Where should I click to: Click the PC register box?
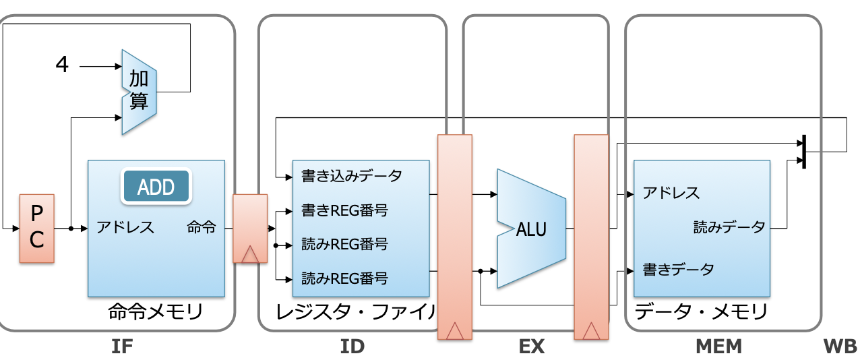(37, 229)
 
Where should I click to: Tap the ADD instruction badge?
(156, 186)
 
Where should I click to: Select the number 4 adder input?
(62, 64)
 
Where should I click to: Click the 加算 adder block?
(139, 92)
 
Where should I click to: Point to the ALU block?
(532, 229)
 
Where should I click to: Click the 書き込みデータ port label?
(352, 177)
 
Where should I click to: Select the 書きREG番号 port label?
(345, 210)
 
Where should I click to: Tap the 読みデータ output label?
(729, 227)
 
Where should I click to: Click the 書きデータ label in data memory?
(679, 270)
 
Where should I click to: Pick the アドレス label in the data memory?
(671, 193)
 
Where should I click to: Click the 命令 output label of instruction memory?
(201, 227)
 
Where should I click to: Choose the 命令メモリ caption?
(156, 311)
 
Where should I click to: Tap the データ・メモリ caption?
(701, 311)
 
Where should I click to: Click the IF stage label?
(122, 347)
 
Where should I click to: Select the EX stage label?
(531, 347)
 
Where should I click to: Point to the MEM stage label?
(718, 347)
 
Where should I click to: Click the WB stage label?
(841, 347)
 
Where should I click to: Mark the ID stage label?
(352, 347)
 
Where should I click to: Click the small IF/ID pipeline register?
(250, 229)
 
